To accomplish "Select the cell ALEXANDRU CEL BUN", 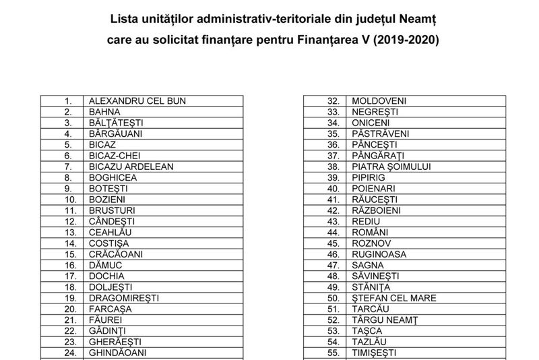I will click(x=137, y=100).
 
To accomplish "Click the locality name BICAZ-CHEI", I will click(x=115, y=155).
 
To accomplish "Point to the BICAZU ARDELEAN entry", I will click(x=131, y=167).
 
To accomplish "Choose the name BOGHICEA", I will click(x=113, y=177).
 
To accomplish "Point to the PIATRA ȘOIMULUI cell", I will click(x=391, y=167).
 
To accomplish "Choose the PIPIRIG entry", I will click(x=368, y=177).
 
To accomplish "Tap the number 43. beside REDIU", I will click(x=331, y=221).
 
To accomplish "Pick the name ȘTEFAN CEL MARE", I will click(x=394, y=297).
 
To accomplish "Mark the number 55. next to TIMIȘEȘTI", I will click(x=331, y=352).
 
